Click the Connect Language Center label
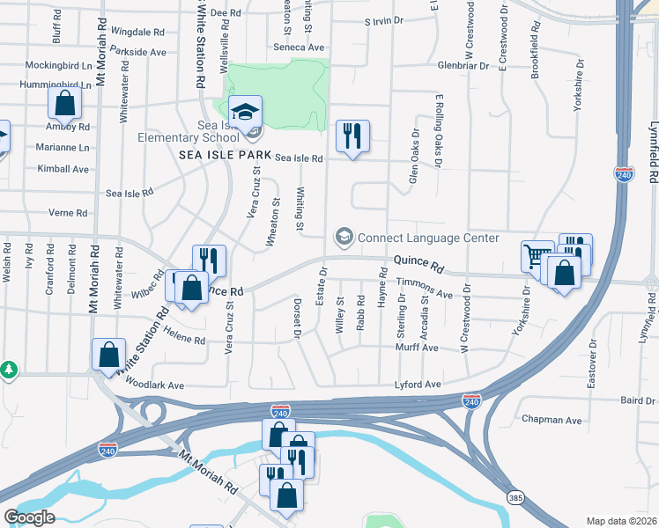[x=428, y=238]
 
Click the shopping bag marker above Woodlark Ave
[x=108, y=356]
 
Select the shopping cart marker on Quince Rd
[x=537, y=258]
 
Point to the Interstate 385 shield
[x=516, y=498]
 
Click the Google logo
[x=29, y=517]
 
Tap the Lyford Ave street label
[x=418, y=385]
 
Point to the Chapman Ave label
[x=552, y=421]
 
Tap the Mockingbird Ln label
[x=58, y=66]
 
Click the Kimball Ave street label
[x=63, y=168]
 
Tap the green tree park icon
[x=8, y=370]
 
